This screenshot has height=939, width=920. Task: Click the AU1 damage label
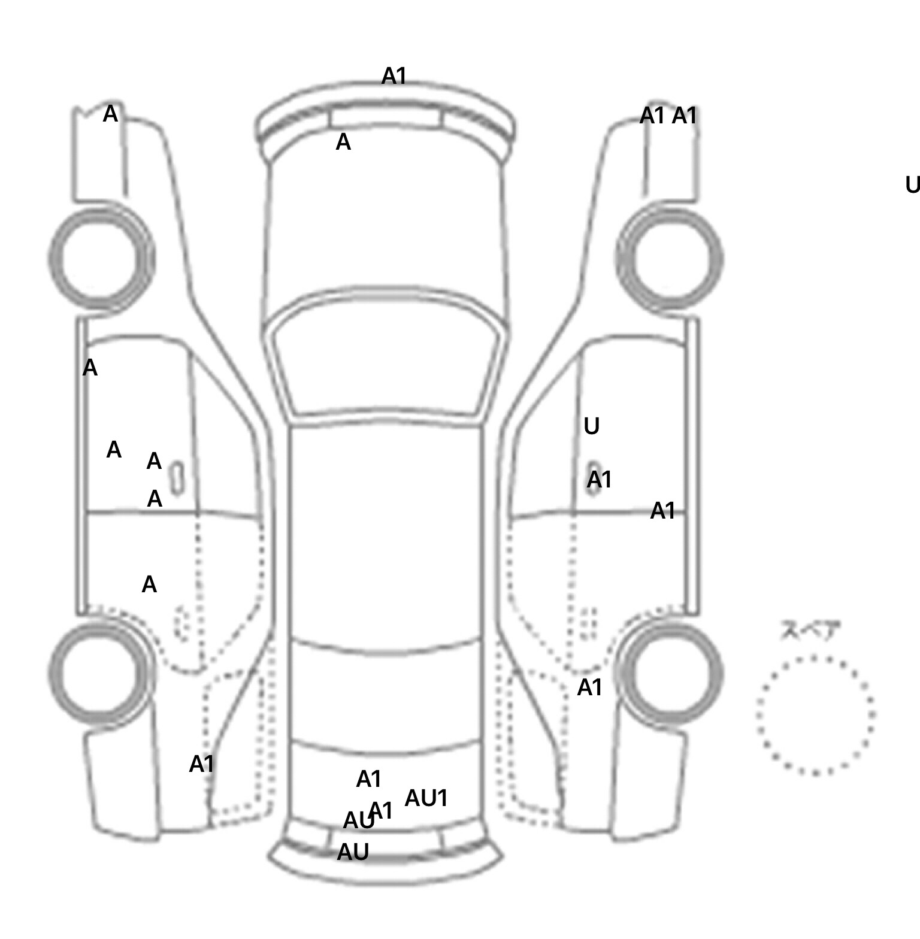click(x=426, y=798)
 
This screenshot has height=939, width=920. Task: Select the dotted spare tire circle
click(x=815, y=715)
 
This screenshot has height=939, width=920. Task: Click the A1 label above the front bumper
click(x=394, y=76)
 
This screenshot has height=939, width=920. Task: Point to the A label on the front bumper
click(x=343, y=143)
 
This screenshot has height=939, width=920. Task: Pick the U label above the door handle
click(x=591, y=427)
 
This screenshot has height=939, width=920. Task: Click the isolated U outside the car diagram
click(x=912, y=186)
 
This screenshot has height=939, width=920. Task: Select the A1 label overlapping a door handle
click(x=599, y=480)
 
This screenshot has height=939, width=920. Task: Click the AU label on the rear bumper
click(x=353, y=852)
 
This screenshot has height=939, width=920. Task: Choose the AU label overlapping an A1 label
click(x=358, y=821)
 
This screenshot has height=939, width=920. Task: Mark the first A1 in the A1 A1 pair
click(x=652, y=116)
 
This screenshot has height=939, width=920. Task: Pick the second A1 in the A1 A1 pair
click(x=685, y=116)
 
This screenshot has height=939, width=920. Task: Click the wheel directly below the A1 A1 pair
click(x=670, y=259)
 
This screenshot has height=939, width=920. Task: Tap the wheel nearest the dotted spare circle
click(x=670, y=672)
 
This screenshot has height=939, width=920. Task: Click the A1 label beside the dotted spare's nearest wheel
click(x=589, y=688)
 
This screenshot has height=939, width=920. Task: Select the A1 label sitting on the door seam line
click(x=662, y=511)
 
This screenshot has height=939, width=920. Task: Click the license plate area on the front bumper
click(x=385, y=118)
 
